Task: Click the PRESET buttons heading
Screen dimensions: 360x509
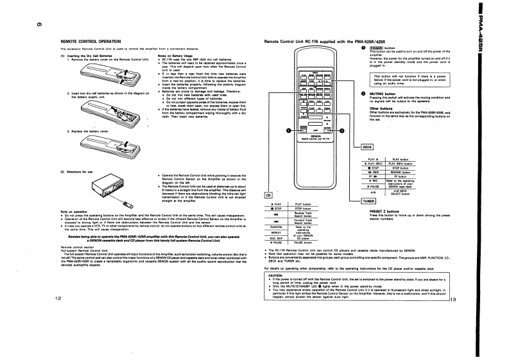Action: point(385,210)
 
